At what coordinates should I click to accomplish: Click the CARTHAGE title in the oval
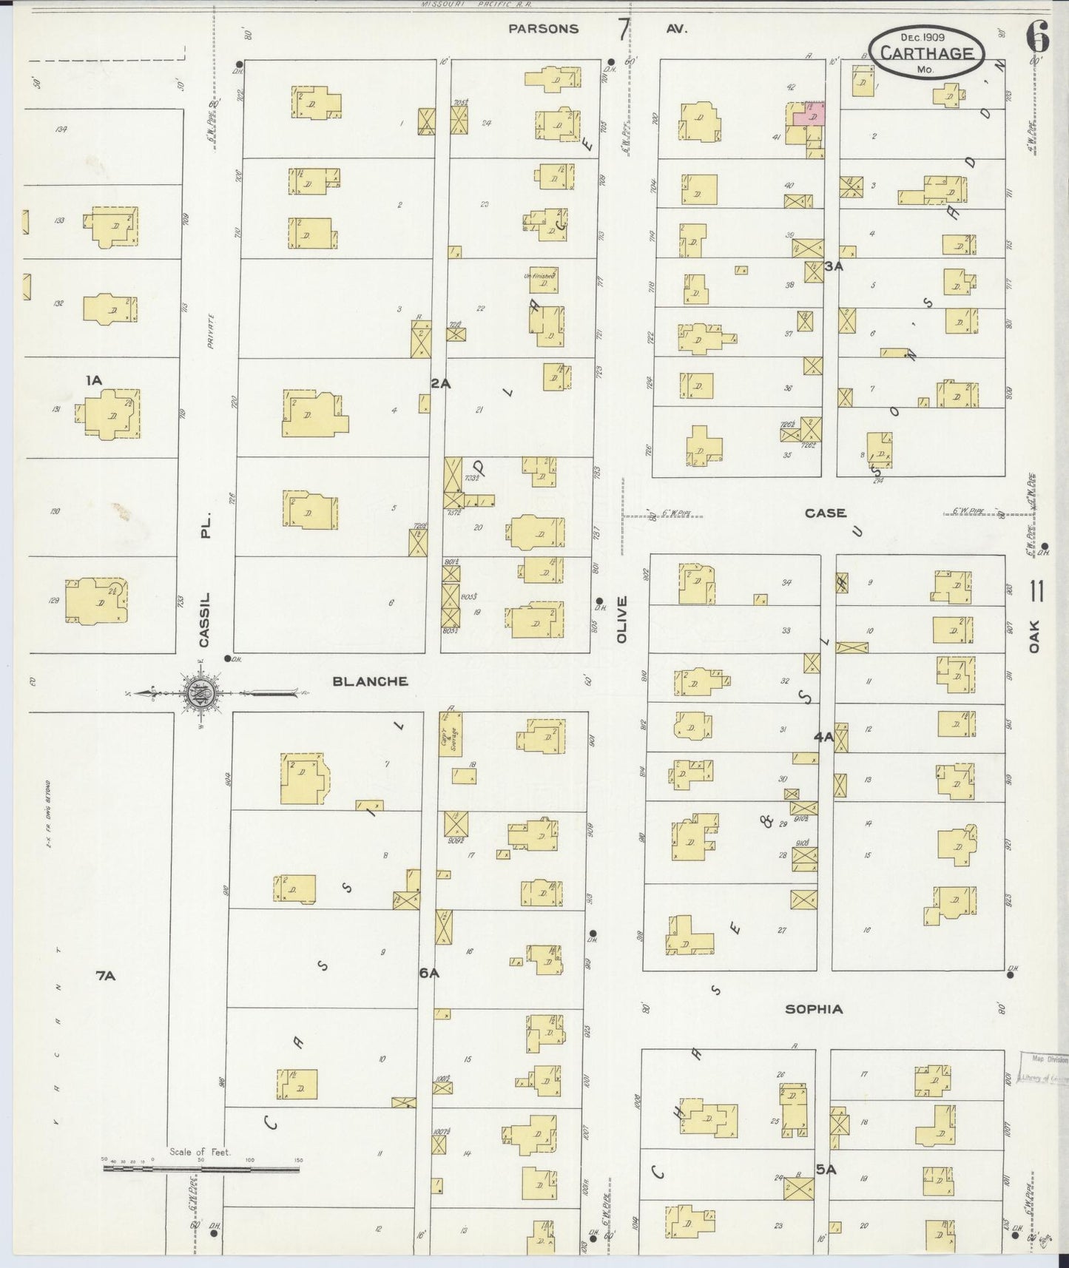click(926, 53)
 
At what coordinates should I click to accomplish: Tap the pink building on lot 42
click(808, 116)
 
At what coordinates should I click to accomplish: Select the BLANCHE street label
click(370, 681)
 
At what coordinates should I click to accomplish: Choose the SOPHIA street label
click(814, 1009)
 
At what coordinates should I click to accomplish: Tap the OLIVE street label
click(621, 618)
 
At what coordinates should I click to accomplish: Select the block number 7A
click(106, 976)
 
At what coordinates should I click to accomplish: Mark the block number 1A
click(93, 380)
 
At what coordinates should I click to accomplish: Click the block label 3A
click(834, 266)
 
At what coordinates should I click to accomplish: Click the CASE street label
click(825, 513)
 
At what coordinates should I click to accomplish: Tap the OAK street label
click(1034, 636)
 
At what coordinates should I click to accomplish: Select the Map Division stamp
click(1042, 1068)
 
